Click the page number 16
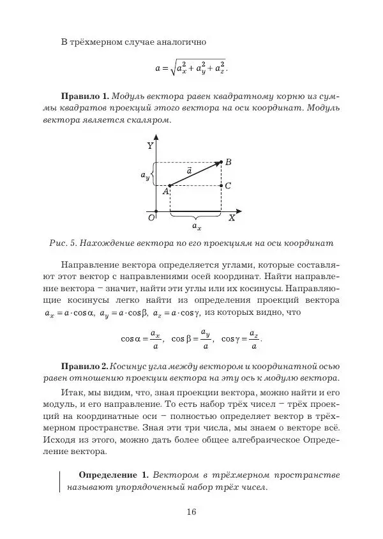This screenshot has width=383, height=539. [191, 511]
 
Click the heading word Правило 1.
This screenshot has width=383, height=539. [84, 96]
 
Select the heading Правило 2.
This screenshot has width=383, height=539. [84, 366]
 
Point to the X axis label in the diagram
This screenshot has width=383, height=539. [232, 218]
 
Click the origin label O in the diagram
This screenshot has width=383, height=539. [151, 218]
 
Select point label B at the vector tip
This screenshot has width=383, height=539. [228, 162]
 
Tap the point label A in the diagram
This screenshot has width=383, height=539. [165, 191]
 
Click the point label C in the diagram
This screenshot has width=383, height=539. [228, 186]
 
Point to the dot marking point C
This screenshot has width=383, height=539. [221, 185]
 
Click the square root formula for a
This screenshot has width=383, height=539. [191, 66]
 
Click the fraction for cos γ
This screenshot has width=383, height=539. [253, 340]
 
